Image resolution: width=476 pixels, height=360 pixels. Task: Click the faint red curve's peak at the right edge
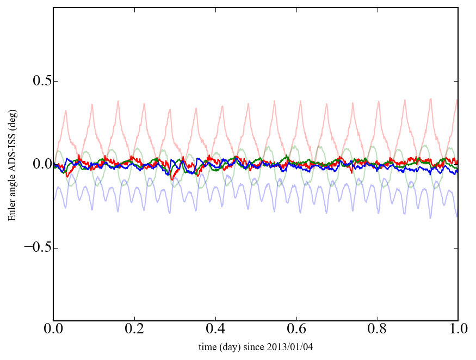[457, 100]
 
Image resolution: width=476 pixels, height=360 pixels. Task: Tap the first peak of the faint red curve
[66, 111]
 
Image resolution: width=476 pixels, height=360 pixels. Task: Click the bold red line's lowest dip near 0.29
[171, 178]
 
